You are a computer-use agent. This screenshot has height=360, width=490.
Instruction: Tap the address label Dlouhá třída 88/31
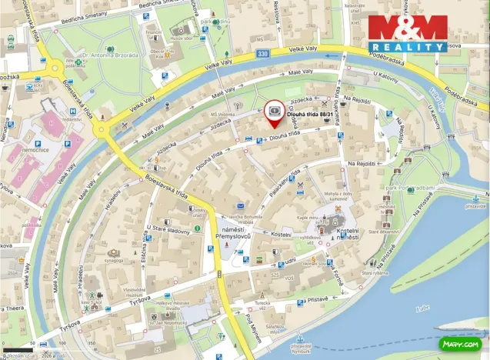point(312,114)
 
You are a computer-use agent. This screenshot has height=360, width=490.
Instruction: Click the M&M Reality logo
point(407,33)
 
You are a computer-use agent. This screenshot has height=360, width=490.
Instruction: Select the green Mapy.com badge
point(460,343)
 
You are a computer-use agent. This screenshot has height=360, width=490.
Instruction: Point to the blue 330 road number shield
point(264,53)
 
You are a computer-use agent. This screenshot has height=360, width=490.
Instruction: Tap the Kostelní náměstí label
point(342,235)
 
